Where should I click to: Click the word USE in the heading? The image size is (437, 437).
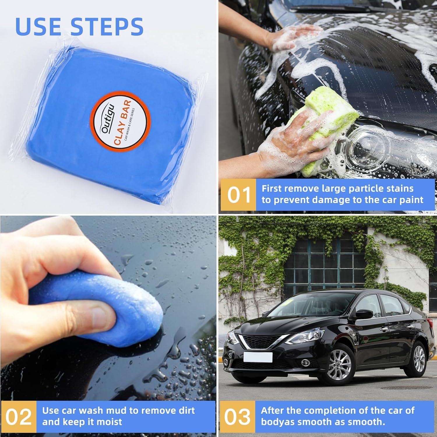39,27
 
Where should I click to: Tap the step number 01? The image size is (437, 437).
239,195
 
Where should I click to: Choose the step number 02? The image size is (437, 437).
18,417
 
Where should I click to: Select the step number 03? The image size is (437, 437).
237,417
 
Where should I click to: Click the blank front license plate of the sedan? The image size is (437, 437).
258,357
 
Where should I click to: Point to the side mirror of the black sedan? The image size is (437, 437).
364,314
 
